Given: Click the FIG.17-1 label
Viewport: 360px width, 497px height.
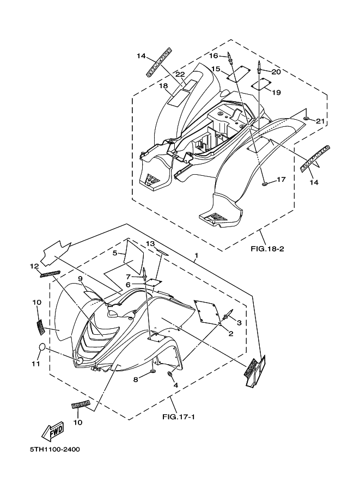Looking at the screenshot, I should click(178, 417).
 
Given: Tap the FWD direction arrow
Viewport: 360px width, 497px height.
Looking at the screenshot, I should click(53, 432).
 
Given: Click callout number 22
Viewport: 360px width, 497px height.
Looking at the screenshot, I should click(180, 74).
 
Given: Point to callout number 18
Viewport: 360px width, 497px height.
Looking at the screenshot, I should click(163, 86).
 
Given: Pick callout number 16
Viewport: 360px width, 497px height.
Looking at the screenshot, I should click(213, 56).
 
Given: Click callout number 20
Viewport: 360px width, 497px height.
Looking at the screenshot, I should click(276, 72).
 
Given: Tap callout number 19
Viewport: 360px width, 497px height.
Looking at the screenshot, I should click(276, 93).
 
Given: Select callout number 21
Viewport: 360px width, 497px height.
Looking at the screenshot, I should click(320, 121).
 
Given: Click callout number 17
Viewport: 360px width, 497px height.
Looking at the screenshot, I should click(281, 179).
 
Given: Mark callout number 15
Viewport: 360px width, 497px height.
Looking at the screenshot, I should click(216, 69).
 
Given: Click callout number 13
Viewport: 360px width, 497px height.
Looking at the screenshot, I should click(150, 243).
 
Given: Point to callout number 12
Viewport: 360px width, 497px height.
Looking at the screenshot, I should click(34, 266).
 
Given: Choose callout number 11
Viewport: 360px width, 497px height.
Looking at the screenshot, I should click(35, 364).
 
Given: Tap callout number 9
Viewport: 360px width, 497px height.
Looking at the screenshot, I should click(80, 279).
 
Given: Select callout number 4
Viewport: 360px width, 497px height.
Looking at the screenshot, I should click(175, 385).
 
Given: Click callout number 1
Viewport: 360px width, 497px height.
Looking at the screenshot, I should click(196, 255).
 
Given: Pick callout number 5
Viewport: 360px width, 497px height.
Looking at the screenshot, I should click(115, 253).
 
